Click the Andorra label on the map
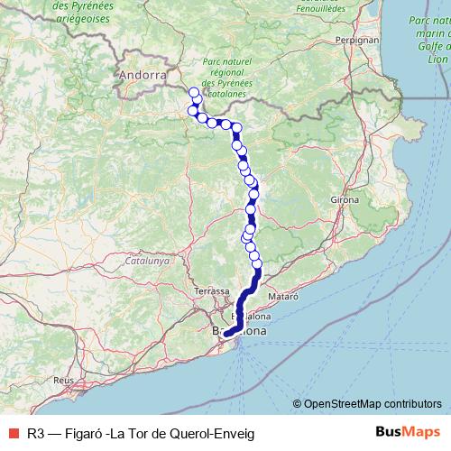click(x=143, y=76)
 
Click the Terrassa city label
click(x=211, y=292)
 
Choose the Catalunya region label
click(x=148, y=260)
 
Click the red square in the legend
click(x=11, y=433)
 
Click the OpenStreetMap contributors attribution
click(x=373, y=403)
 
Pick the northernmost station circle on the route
click(x=193, y=92)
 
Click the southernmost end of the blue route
click(x=226, y=335)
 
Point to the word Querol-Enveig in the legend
click(x=215, y=433)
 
